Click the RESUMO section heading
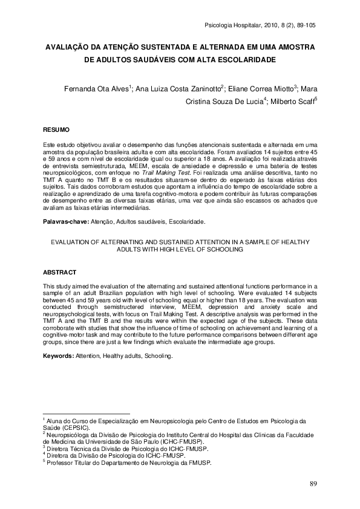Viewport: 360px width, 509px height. coord(57,130)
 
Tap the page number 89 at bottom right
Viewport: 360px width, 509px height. coord(313,484)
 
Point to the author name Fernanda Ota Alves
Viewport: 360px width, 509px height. coord(95,88)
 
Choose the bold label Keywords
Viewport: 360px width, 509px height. coord(58,356)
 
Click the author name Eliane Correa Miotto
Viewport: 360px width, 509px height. coord(261,88)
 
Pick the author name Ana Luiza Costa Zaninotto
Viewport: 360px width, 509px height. coord(179,88)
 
